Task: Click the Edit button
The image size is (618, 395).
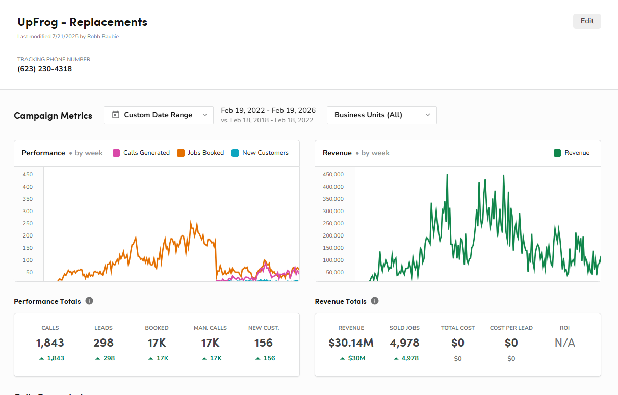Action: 587,21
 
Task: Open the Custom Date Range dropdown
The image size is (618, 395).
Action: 158,115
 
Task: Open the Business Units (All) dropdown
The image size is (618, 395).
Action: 381,115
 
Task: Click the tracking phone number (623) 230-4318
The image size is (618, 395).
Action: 45,69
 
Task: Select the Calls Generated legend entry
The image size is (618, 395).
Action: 141,153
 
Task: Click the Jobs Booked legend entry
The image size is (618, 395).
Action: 200,153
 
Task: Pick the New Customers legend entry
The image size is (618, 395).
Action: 260,153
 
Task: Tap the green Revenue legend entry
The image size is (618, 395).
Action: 572,153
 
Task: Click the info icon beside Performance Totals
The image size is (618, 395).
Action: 89,301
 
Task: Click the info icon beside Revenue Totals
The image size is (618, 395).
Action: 375,301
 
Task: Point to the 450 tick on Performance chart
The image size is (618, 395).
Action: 28,174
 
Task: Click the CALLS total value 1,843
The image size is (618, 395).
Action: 50,343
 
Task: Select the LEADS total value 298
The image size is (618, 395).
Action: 104,343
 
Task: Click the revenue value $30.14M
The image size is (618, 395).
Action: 351,343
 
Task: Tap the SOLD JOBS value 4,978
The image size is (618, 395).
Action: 404,343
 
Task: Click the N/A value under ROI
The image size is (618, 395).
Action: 564,343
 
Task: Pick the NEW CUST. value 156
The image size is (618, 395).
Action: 264,343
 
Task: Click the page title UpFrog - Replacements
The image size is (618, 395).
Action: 82,22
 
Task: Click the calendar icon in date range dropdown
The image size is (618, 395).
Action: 116,115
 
